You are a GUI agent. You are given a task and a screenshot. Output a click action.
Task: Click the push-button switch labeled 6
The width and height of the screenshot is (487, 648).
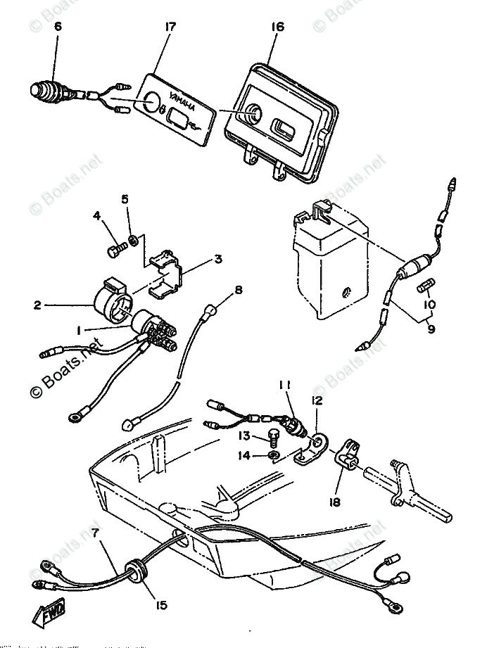tap(49, 90)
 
